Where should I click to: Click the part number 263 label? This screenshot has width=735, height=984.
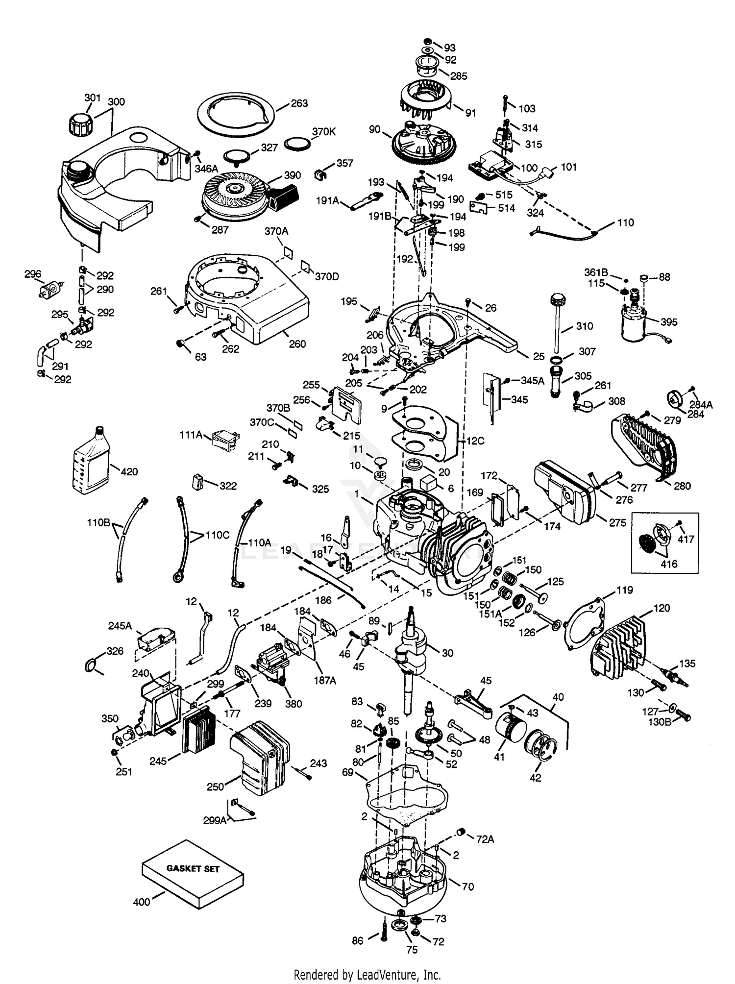pos(299,103)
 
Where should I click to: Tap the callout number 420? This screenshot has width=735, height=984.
pos(129,471)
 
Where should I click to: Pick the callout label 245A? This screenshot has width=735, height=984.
pos(120,626)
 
